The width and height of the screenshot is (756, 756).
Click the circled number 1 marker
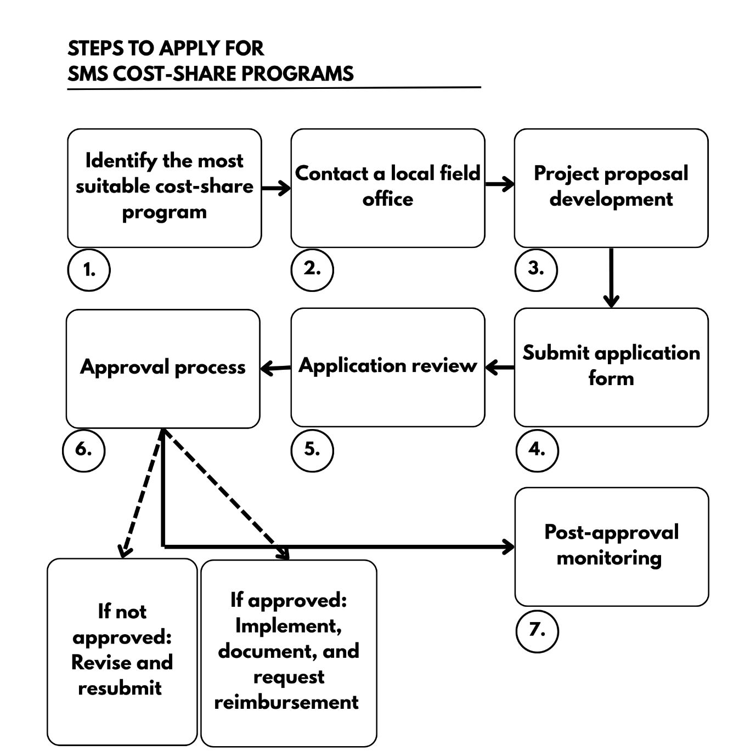click(89, 270)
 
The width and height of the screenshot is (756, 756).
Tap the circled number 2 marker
click(312, 269)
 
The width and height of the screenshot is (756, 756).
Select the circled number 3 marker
click(536, 269)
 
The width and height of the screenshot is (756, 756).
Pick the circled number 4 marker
click(537, 450)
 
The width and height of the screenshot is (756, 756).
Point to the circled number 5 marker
click(312, 450)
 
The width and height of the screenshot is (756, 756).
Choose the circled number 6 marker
click(83, 450)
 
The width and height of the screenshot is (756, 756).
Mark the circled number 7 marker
click(537, 630)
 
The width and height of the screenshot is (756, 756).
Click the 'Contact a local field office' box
click(388, 188)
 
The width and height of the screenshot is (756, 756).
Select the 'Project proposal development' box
click(611, 188)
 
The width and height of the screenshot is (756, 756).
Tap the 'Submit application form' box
click(611, 367)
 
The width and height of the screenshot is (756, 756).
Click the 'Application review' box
click(388, 367)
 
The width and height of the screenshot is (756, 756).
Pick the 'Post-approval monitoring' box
click(611, 546)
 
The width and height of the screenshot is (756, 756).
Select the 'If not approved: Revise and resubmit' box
click(122, 652)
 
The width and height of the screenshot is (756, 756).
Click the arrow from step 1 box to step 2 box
click(276, 188)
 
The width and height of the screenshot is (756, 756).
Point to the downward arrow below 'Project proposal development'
click(611, 278)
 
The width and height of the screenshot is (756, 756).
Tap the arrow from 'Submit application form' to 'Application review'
click(500, 367)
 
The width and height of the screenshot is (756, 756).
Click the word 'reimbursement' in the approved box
click(286, 702)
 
